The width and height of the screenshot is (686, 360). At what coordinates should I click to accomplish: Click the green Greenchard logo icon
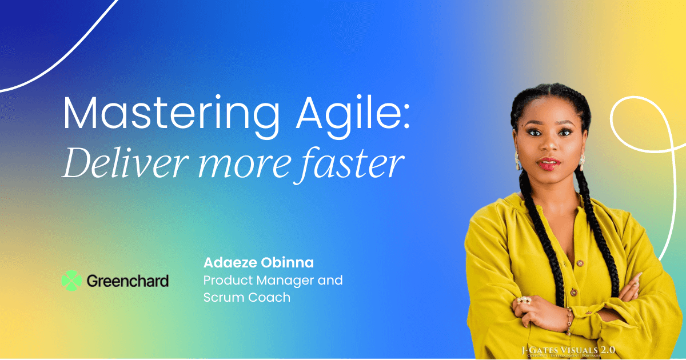pos(71,281)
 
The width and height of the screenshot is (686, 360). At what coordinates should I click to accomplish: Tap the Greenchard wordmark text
pos(127,281)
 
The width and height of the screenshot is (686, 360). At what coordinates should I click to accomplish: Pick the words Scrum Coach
pos(247,297)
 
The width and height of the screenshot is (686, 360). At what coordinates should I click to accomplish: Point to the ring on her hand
pos(524,300)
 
